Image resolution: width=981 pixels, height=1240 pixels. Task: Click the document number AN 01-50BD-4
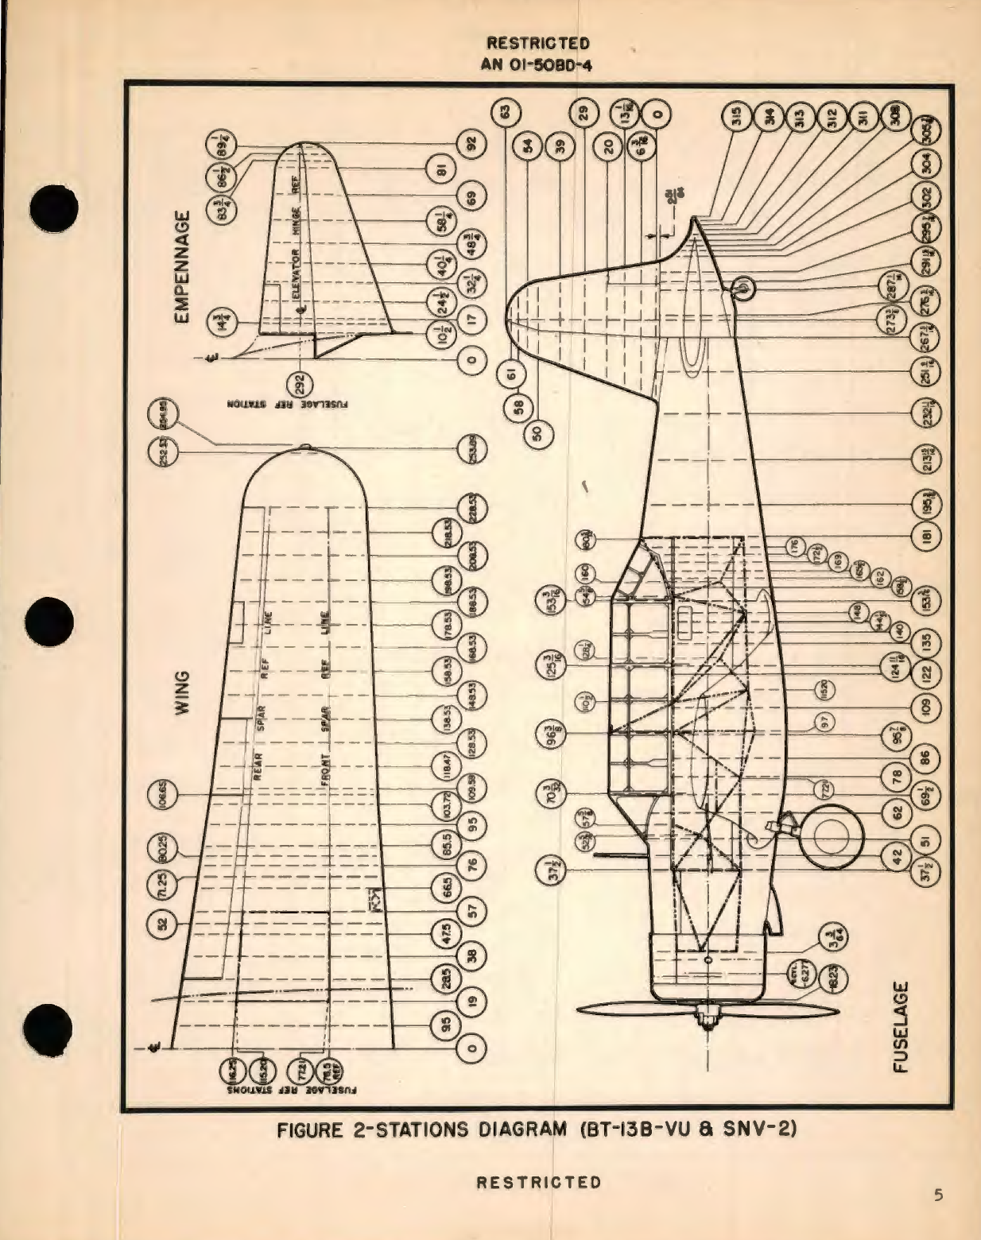tap(537, 64)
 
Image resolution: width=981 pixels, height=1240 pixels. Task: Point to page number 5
tap(939, 1195)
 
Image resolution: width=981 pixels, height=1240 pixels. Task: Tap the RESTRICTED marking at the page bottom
tap(538, 1182)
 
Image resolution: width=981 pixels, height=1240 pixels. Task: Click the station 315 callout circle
tap(737, 118)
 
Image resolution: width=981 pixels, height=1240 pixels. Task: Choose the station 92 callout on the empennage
tap(471, 145)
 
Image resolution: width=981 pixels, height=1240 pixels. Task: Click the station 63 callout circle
tap(504, 113)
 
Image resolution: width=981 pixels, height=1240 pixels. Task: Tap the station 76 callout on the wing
tap(471, 865)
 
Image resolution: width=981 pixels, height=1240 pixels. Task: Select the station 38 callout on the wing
tap(471, 956)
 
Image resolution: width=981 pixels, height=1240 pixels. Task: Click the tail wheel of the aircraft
tap(741, 288)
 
